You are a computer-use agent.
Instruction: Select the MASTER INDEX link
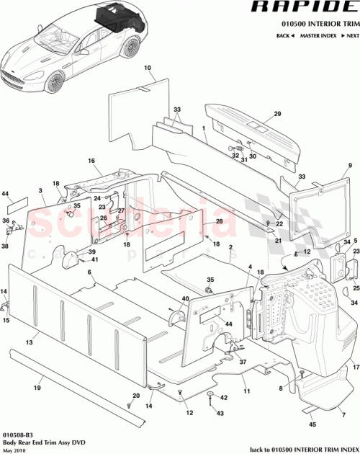click(x=318, y=35)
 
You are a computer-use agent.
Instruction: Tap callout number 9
click(x=349, y=166)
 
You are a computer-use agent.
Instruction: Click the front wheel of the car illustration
click(x=56, y=82)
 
